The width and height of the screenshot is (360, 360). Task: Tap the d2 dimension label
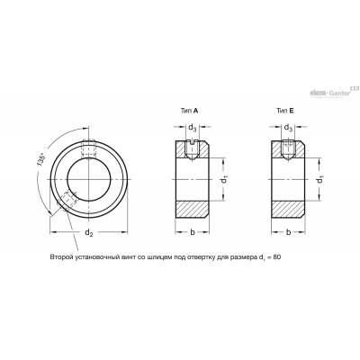pyautogui.click(x=89, y=232)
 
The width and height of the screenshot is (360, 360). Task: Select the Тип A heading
pyautogui.click(x=189, y=111)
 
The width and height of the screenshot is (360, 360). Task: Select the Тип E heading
pyautogui.click(x=285, y=111)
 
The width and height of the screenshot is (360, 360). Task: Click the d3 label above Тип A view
pyautogui.click(x=192, y=128)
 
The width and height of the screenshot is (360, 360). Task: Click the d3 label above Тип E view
pyautogui.click(x=288, y=128)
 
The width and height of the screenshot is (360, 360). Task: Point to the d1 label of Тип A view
pyautogui.click(x=224, y=180)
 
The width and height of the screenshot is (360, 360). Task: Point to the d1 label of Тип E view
pyautogui.click(x=320, y=180)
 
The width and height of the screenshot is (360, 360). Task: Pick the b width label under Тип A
pyautogui.click(x=193, y=232)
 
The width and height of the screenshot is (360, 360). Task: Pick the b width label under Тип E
pyautogui.click(x=288, y=232)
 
